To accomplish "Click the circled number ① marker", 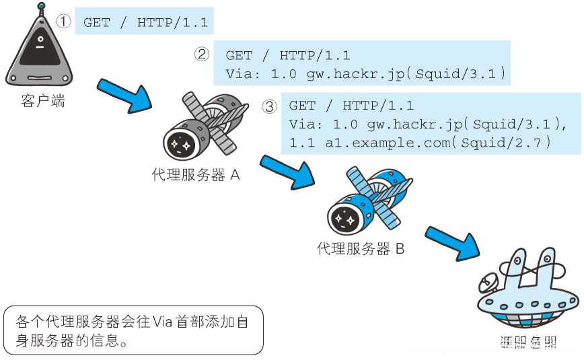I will (x=63, y=22).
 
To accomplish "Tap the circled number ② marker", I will (x=203, y=55).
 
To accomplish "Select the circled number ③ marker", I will (x=269, y=106).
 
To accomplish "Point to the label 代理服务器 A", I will (x=196, y=176).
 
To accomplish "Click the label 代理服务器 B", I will (x=361, y=249).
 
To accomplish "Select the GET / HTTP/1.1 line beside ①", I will (x=144, y=22).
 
